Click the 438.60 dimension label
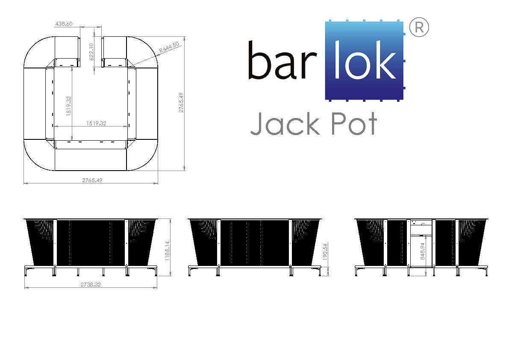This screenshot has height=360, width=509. (x=64, y=24)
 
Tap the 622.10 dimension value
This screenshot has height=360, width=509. (x=91, y=52)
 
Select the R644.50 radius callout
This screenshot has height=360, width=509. (x=169, y=48)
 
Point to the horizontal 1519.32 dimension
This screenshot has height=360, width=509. (x=97, y=124)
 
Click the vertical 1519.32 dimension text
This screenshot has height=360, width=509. (x=68, y=106)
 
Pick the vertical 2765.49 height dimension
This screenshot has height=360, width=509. (x=181, y=103)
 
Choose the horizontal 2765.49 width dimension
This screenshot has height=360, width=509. (x=92, y=180)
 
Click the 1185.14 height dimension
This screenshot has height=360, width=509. (x=168, y=251)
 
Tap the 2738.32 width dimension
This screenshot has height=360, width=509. (x=91, y=284)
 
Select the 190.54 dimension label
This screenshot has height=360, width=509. (x=326, y=252)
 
